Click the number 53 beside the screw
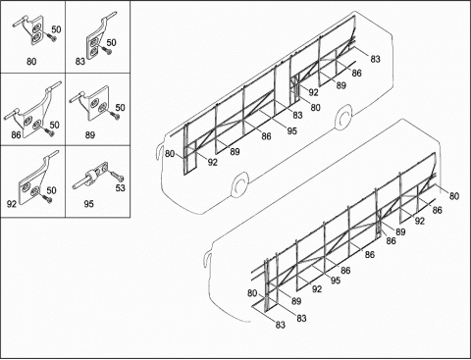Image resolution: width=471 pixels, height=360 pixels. (121, 188)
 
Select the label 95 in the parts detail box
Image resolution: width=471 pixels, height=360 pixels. (88, 204)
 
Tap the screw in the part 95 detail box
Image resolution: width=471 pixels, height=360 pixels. (118, 176)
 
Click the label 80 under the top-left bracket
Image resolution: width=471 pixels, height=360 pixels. (31, 62)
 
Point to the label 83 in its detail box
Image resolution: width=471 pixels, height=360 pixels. (80, 61)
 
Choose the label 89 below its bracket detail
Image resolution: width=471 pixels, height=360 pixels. (90, 134)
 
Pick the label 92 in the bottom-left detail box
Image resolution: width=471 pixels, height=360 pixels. (12, 204)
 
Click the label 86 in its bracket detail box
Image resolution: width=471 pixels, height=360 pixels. (16, 134)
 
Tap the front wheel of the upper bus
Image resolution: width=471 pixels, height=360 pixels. (240, 185)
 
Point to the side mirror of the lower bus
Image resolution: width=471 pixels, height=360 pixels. (206, 259)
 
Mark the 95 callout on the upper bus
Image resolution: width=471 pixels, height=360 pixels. (291, 130)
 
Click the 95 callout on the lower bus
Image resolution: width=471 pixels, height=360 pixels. (336, 281)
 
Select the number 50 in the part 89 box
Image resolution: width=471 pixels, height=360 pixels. (120, 108)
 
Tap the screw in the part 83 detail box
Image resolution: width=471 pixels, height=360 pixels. (105, 50)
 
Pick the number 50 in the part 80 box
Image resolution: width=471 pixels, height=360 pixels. (56, 29)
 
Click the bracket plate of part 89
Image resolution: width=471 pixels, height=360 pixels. (97, 103)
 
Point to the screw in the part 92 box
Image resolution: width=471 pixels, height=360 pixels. (46, 197)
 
